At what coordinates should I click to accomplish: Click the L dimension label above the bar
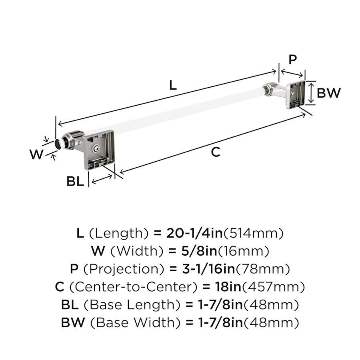click(x=173, y=85)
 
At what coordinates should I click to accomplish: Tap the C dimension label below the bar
click(x=216, y=152)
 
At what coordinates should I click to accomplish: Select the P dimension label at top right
click(x=292, y=60)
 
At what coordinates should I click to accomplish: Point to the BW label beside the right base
click(x=328, y=93)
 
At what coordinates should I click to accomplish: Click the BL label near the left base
click(x=75, y=181)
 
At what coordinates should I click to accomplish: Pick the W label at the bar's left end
click(x=36, y=154)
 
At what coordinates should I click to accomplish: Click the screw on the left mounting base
click(x=96, y=149)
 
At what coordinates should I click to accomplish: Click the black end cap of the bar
click(x=57, y=144)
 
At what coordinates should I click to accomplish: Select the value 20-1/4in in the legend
click(x=194, y=233)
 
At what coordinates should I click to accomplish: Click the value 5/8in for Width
click(x=199, y=251)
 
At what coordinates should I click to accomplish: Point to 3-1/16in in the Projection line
click(x=209, y=269)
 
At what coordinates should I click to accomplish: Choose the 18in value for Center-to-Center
click(x=228, y=286)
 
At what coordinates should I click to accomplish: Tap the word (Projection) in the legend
click(x=124, y=269)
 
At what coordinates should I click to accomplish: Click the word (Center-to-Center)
click(x=133, y=287)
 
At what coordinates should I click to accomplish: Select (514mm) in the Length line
click(x=254, y=233)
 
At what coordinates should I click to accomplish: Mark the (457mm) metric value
click(x=274, y=287)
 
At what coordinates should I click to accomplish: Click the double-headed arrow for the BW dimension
click(x=311, y=93)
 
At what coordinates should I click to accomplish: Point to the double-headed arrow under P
click(x=292, y=73)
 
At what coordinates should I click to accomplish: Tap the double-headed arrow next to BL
click(x=102, y=179)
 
